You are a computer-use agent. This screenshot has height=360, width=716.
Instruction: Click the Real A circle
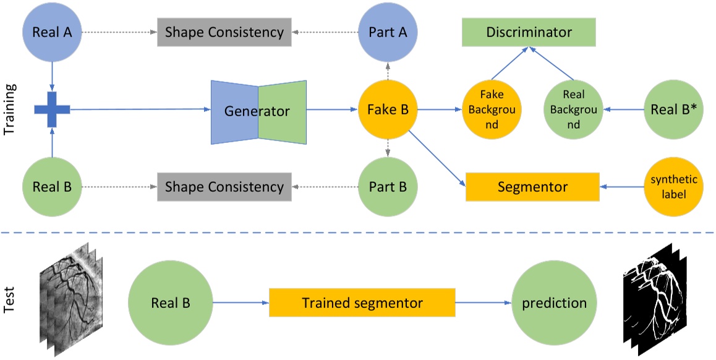52,32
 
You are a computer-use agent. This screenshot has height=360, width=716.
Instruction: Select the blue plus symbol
52,109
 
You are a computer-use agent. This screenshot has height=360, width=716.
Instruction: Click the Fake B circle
388,109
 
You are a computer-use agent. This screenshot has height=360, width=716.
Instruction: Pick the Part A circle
388,32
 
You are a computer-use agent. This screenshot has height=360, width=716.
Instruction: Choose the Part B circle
388,187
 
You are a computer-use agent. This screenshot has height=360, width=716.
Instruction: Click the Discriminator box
529,32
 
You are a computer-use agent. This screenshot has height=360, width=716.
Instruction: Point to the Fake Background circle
492,109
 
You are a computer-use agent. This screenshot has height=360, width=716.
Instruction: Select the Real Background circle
574,109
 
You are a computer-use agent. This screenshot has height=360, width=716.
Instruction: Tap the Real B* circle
673,109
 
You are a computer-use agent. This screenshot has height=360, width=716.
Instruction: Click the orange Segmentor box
532,187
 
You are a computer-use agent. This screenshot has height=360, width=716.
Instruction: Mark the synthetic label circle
673,187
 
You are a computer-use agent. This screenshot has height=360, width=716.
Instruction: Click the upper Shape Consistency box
224,32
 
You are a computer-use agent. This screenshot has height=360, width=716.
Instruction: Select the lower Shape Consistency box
224,187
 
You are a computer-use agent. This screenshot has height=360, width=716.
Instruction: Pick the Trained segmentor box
362,302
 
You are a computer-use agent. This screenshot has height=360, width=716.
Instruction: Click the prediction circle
554,303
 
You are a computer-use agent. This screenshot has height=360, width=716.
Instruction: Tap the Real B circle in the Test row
170,303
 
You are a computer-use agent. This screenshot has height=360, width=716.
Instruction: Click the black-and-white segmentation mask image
654,300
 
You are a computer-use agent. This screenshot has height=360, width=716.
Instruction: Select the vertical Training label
10,109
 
